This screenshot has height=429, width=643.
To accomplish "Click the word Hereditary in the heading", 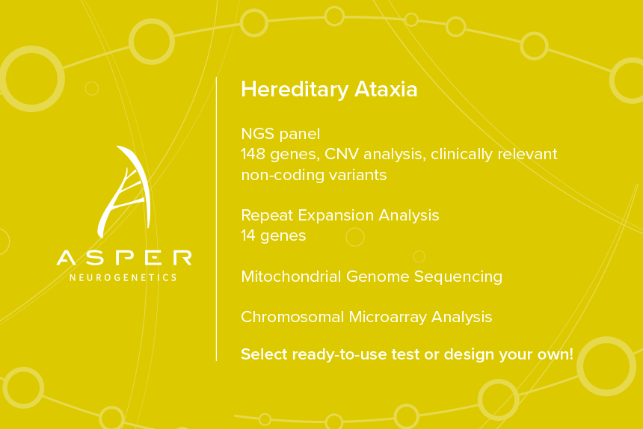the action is (x=295, y=90).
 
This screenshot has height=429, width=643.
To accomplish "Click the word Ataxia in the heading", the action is (x=386, y=89).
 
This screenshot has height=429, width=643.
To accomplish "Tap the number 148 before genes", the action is (x=253, y=154).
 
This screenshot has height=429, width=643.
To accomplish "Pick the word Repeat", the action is (x=267, y=215).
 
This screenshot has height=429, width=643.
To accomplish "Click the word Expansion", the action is (x=336, y=215).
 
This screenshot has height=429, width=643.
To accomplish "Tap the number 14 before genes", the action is (x=248, y=235).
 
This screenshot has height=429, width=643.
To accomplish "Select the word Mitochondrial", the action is (x=291, y=277).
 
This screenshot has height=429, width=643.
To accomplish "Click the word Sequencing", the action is (x=458, y=277).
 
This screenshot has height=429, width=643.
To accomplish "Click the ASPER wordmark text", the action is (x=124, y=258).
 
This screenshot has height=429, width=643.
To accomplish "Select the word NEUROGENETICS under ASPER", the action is (x=123, y=277).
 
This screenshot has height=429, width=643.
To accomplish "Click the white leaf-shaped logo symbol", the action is (x=124, y=191).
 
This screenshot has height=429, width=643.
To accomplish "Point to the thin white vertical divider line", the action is (x=216, y=219).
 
